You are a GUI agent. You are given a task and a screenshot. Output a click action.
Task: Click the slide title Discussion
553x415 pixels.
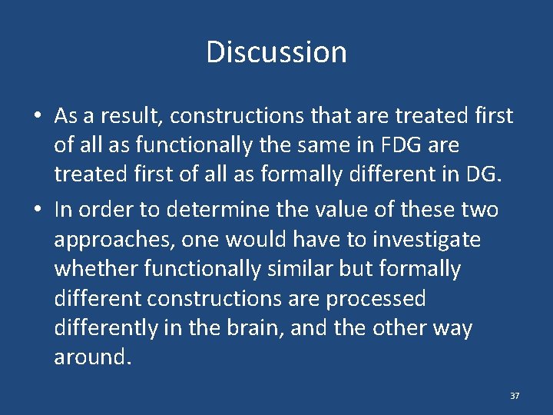[x=276, y=52]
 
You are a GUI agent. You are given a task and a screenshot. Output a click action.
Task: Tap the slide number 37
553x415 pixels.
[x=515, y=396]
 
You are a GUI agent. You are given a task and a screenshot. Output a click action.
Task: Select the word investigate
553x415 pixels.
[x=426, y=240]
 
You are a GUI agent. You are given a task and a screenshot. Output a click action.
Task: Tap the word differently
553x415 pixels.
[x=105, y=328]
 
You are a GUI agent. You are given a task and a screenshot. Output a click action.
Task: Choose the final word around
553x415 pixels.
[x=90, y=357]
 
